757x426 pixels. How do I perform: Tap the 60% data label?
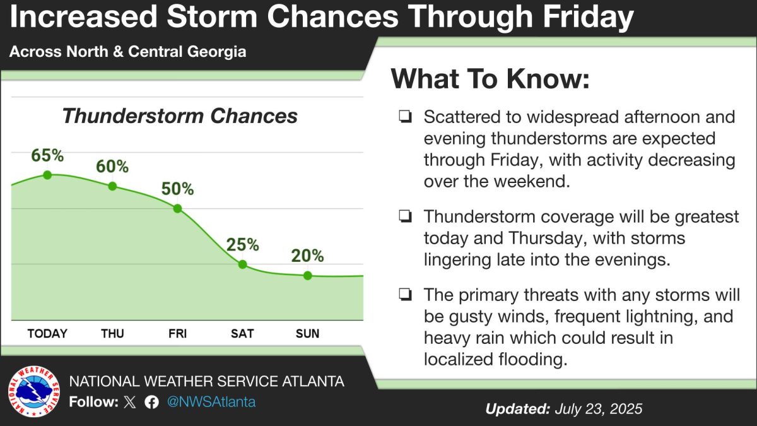[x=112, y=167]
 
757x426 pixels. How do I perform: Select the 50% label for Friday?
[x=177, y=189]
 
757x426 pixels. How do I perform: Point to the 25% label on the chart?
[x=243, y=244]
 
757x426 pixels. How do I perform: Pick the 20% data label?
[x=307, y=256]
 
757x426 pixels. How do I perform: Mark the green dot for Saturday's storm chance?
[x=243, y=264]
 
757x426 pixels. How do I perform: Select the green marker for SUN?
[x=307, y=275]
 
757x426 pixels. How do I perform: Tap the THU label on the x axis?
[x=112, y=333]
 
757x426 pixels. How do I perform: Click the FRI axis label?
[x=177, y=333]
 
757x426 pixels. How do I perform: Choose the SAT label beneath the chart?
[x=243, y=333]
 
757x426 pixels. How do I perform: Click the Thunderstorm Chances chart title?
[x=180, y=116]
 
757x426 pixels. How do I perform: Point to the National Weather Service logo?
[x=33, y=392]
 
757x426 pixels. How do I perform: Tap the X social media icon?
[x=130, y=402]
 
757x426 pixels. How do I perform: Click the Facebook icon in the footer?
[x=151, y=402]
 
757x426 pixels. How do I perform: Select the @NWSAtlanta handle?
[x=211, y=402]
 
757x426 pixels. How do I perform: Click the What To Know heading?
[x=490, y=80]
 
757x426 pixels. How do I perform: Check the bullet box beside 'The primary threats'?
[x=405, y=295]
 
